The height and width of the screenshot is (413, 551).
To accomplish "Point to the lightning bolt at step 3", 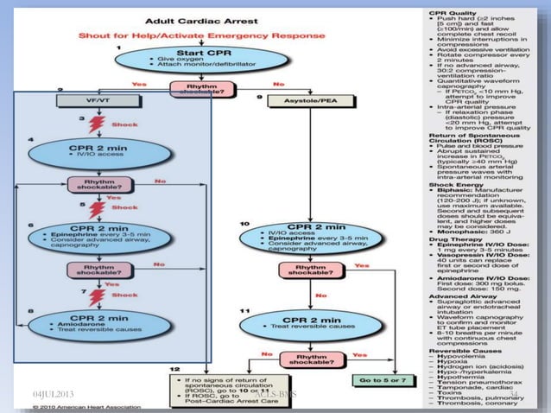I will (96, 124).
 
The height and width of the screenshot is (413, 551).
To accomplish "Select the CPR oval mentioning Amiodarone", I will (86, 326).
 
